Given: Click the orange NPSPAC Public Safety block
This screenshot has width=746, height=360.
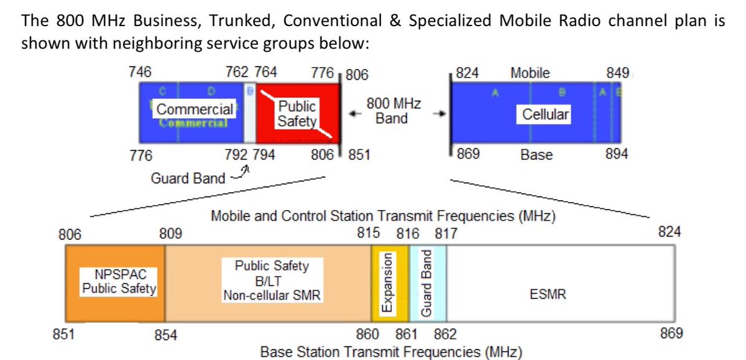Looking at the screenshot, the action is pos(115,282).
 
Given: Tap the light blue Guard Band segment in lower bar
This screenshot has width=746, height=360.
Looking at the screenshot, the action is pos(428,282).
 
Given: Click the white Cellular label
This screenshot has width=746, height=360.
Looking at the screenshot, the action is pos(546,114).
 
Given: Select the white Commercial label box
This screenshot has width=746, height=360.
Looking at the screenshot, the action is pos(195,109).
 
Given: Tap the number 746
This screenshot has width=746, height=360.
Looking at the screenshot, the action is pos(140,72).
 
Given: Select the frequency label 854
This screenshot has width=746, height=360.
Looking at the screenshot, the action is pos(166,336).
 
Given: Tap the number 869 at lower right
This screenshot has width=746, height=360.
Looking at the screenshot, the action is pos(671,333).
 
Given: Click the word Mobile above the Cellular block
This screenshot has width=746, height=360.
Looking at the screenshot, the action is pos(530,73).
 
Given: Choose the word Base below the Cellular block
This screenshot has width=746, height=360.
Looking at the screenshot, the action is pos(536,155).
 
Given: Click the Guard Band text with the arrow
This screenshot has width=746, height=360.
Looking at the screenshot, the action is pos(188,178).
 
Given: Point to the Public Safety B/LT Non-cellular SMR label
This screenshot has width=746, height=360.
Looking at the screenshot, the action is pos(272,281).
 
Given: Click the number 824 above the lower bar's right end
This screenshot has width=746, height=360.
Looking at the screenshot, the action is pos(670,232).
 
